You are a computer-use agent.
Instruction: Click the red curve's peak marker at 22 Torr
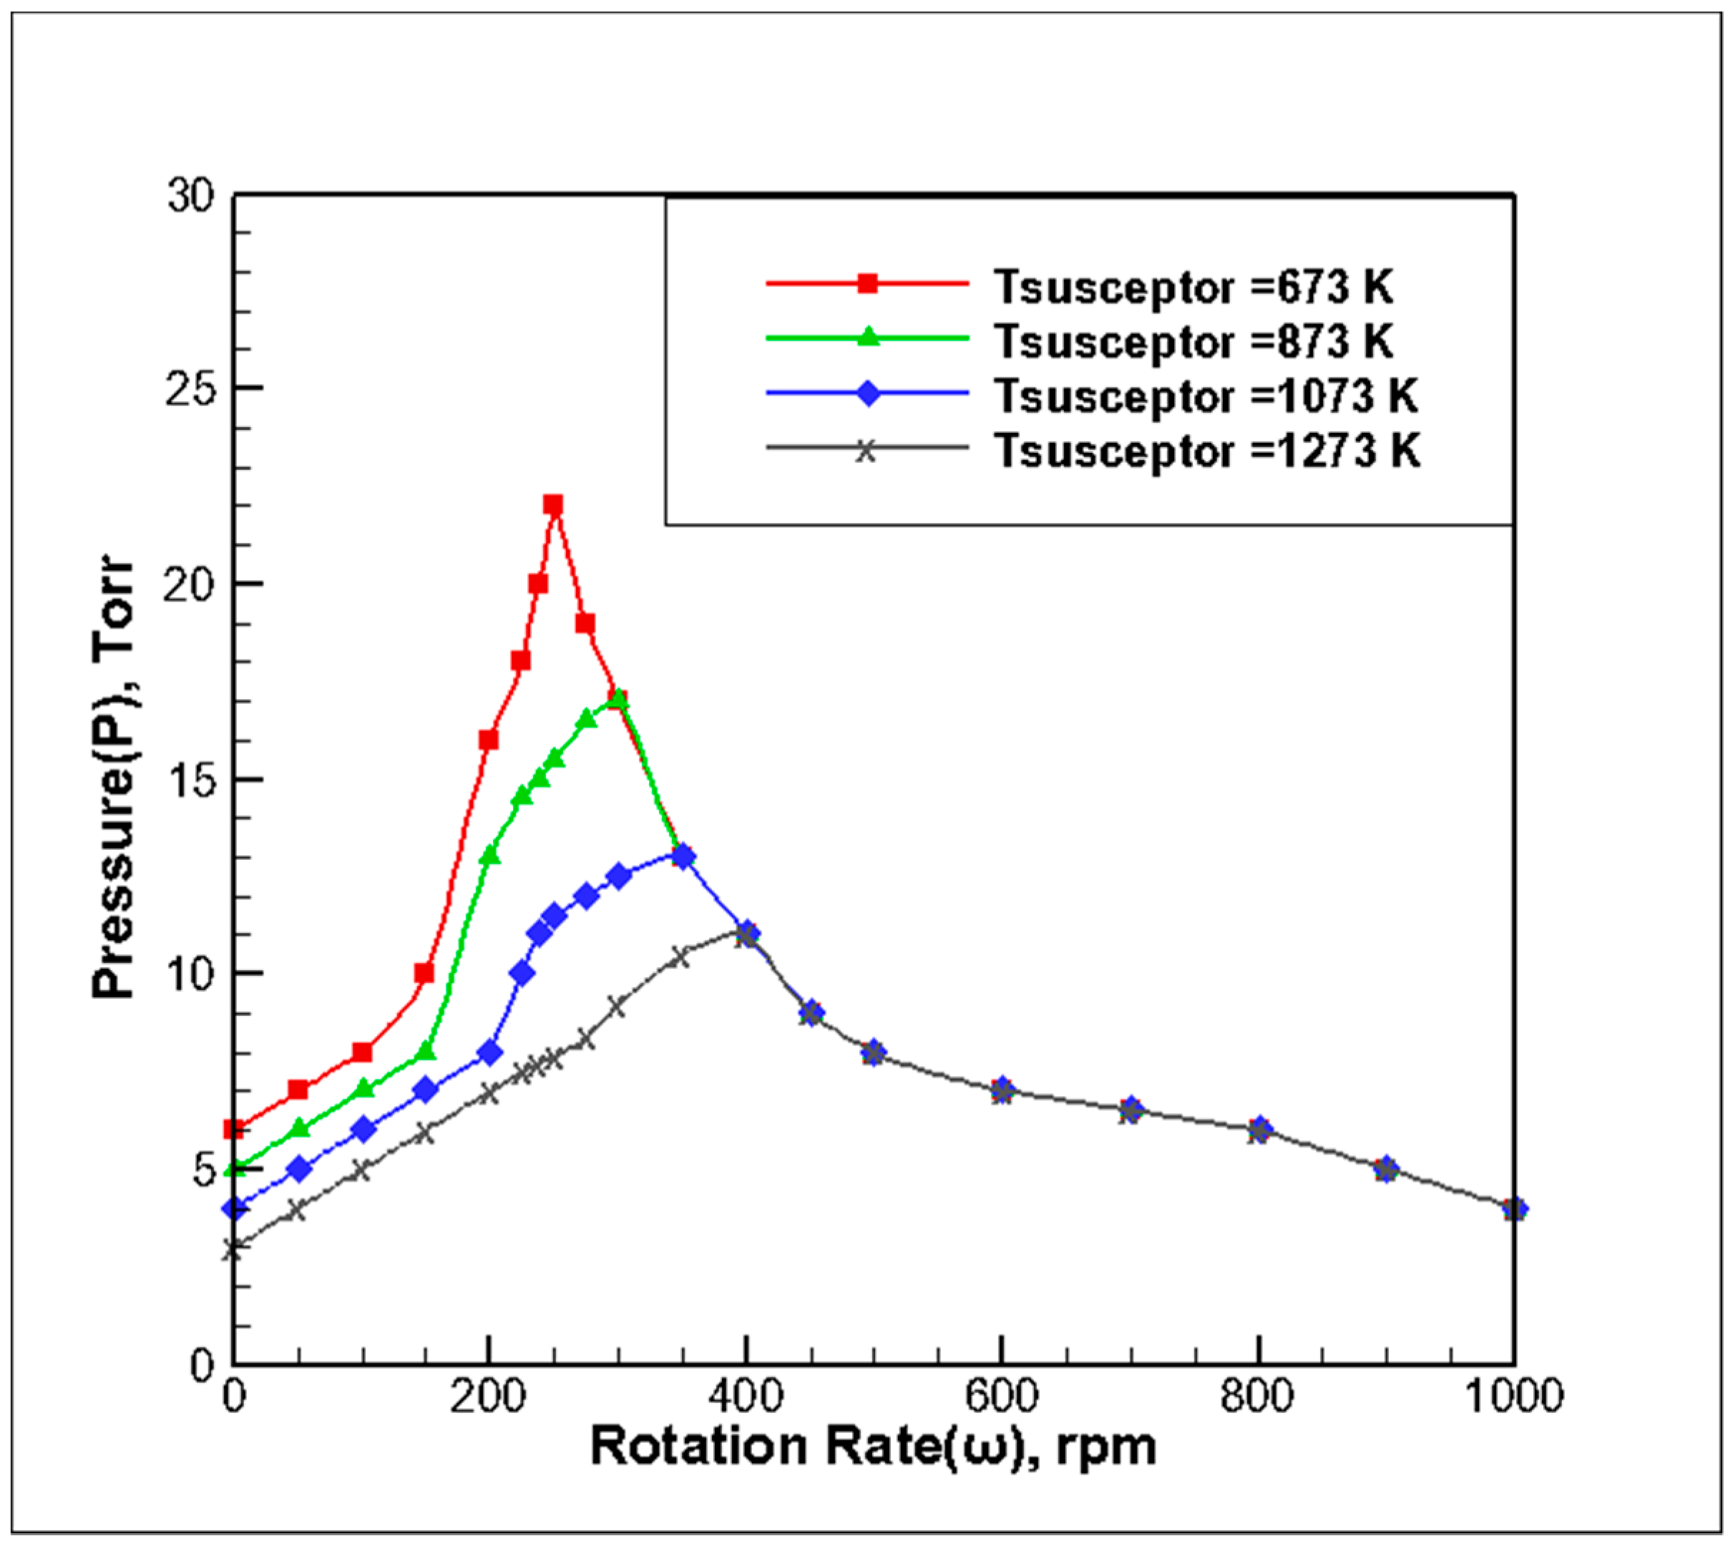coord(553,505)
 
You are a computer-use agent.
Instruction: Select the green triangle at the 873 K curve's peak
coord(618,699)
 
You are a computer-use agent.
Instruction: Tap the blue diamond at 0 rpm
coord(235,1208)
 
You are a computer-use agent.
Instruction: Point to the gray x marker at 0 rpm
coord(233,1248)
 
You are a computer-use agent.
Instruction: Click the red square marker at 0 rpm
coord(235,1129)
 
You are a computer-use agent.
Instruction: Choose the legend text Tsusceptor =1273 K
coord(1207,450)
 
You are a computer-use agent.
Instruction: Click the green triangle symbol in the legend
coord(867,337)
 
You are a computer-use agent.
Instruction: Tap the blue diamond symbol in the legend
coord(867,393)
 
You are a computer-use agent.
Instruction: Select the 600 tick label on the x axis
coord(1002,1396)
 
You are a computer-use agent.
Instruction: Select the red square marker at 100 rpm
coord(362,1052)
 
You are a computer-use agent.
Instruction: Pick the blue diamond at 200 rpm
coord(489,1052)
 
